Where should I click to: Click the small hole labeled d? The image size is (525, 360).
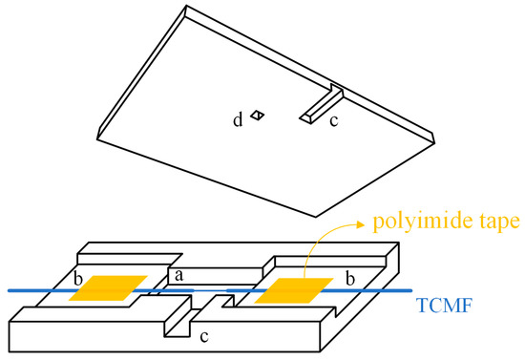pos(257,116)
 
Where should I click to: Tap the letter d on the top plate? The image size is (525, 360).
pos(238,120)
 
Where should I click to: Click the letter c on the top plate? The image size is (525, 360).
pos(334,121)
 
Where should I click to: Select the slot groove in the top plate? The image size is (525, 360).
pos(322,103)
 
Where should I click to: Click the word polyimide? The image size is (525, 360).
pos(422,222)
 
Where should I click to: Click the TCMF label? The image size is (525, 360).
pos(444,305)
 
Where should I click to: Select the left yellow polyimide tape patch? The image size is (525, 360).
pos(108,288)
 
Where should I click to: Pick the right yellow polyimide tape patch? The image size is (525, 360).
pos(294,290)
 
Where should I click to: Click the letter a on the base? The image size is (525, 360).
pos(179,275)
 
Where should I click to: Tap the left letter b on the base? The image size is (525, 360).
pos(78,279)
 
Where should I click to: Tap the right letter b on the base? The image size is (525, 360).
pos(350,279)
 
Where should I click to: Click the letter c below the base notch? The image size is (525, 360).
pos(204,337)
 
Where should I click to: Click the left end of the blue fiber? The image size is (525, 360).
pos(9,290)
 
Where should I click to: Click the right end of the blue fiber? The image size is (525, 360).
pos(410,290)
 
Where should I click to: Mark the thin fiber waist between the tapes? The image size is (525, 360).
pos(210,290)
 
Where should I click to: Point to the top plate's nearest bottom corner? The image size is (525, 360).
pos(316,217)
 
